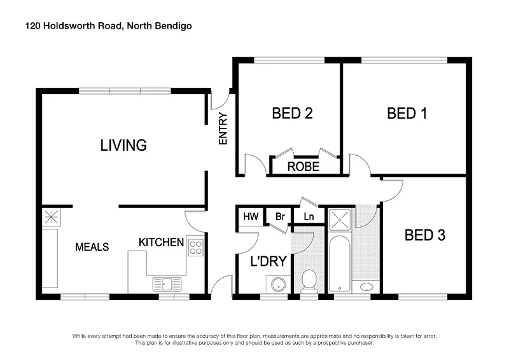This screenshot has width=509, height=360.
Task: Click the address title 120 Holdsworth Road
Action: [108, 26]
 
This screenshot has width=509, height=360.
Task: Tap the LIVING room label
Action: [123, 145]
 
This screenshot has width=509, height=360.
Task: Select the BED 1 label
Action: [407, 114]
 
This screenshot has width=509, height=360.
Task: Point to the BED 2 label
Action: [292, 114]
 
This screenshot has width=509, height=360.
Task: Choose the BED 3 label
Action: [424, 235]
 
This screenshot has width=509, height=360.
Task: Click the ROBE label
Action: [303, 167]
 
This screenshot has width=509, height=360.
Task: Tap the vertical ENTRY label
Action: [223, 129]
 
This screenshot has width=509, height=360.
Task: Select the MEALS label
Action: [92, 247]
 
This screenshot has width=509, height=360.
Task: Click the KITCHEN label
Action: [162, 242]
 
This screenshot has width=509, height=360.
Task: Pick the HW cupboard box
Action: [250, 217]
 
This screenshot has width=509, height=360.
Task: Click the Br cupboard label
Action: [279, 217]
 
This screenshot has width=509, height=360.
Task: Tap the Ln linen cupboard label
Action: [309, 217]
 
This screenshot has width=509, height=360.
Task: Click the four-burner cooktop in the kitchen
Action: [195, 247]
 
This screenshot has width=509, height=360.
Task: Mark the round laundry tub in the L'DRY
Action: [278, 284]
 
